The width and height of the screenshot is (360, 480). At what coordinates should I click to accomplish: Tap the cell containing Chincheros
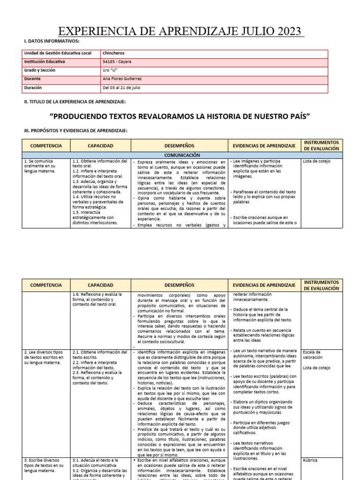click(113, 53)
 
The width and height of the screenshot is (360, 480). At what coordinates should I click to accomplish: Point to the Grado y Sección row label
click(40, 70)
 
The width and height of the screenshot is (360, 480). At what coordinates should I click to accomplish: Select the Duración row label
click(33, 88)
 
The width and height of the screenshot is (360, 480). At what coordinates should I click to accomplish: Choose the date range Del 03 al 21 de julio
click(121, 88)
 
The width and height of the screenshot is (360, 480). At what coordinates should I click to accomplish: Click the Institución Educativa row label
click(45, 62)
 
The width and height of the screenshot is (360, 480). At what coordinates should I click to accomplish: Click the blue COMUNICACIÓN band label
click(182, 155)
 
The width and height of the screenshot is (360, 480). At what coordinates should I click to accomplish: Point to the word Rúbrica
click(310, 460)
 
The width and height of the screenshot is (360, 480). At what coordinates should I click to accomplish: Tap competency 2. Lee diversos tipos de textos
click(44, 357)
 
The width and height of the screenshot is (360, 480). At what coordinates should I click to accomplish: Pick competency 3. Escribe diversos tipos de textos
click(44, 465)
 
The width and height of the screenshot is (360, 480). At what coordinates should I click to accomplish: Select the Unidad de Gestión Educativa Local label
click(58, 53)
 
